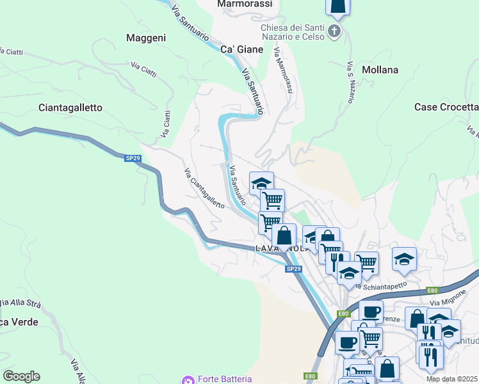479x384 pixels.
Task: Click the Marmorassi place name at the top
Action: tap(245, 4)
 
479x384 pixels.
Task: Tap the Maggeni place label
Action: tap(146, 38)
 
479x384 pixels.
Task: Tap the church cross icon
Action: tap(334, 31)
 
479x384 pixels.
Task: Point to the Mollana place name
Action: tap(380, 70)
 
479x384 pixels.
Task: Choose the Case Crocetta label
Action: tap(447, 107)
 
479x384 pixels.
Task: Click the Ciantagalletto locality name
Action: tap(70, 108)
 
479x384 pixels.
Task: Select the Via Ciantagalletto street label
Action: tap(204, 188)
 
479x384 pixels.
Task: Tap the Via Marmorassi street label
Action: tap(283, 71)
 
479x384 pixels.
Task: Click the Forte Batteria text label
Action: tap(224, 380)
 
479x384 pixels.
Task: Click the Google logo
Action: tap(21, 376)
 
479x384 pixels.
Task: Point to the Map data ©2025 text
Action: tap(452, 379)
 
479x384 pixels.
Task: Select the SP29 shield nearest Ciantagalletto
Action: tap(129, 158)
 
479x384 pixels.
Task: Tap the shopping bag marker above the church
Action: tap(337, 6)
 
